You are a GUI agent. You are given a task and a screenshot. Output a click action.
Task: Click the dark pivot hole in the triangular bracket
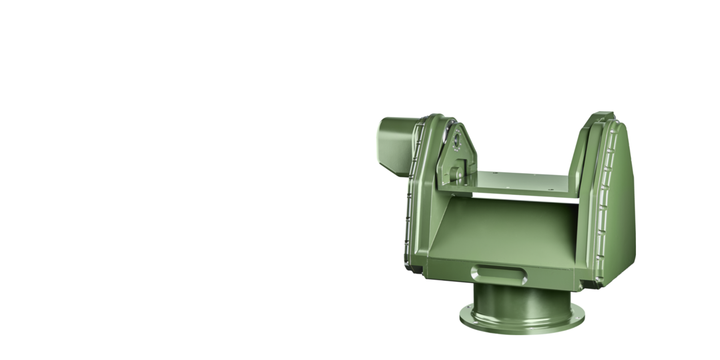pyautogui.click(x=456, y=140)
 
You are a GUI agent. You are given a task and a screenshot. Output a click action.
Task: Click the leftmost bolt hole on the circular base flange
pyautogui.click(x=465, y=308)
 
